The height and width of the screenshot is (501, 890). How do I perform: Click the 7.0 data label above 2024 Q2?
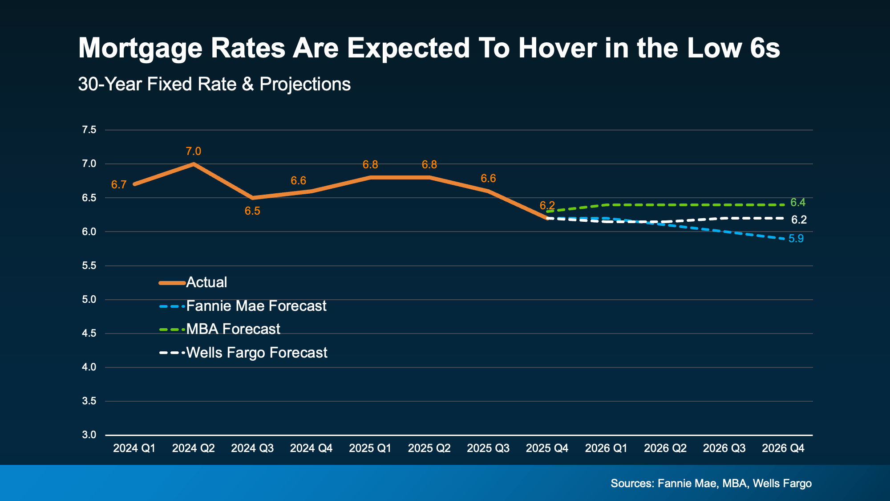click(x=193, y=151)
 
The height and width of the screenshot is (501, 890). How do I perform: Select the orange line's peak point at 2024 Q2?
click(x=193, y=164)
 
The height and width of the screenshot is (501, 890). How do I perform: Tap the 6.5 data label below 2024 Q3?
click(x=252, y=211)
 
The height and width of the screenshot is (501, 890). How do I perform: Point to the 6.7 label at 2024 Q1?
click(x=119, y=185)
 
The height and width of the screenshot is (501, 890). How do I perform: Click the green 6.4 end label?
click(x=798, y=203)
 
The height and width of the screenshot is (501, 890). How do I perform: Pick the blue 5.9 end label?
click(x=796, y=239)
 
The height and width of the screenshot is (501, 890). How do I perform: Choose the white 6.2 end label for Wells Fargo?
click(x=799, y=220)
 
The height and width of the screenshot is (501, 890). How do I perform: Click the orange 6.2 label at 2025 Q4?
click(x=547, y=206)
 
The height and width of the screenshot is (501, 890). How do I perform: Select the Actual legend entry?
click(x=206, y=282)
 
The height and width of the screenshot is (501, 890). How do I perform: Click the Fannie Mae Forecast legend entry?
click(x=256, y=306)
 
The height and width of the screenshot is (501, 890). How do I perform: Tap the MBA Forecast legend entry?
click(x=233, y=329)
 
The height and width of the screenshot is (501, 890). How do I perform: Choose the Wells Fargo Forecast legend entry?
click(x=256, y=353)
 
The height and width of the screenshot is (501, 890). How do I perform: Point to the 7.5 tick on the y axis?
click(x=89, y=130)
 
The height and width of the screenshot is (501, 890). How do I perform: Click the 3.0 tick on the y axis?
click(x=89, y=435)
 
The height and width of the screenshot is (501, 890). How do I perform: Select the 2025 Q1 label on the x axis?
click(x=370, y=448)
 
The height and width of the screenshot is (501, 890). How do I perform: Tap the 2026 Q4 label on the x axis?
click(x=783, y=448)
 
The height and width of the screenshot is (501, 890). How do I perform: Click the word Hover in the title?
click(x=557, y=48)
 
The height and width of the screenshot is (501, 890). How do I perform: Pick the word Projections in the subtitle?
click(x=305, y=84)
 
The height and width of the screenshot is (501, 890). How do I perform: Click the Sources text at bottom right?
click(x=711, y=484)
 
